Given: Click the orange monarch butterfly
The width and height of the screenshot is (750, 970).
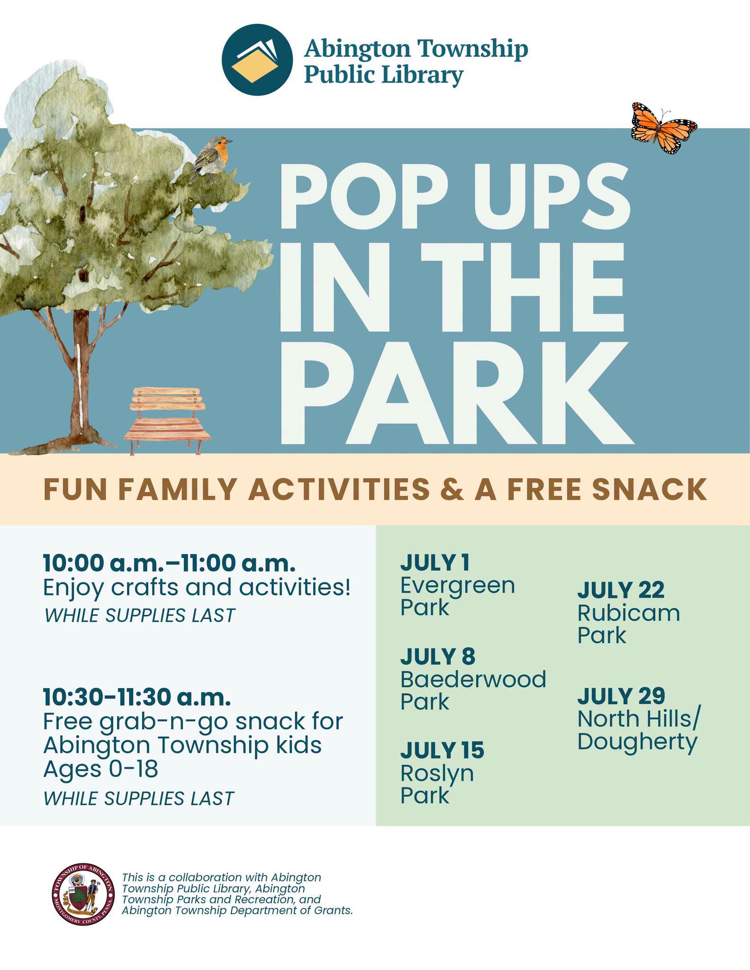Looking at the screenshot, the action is point(664,127).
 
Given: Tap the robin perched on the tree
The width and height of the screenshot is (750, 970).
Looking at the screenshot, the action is point(212,159).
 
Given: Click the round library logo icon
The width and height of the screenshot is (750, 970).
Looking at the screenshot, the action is point(257,60).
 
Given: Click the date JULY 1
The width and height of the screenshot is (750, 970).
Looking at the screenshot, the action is point(434,562).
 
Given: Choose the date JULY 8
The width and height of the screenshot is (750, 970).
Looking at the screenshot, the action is point(437,656).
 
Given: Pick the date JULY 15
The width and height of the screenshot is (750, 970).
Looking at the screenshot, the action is point(442,750).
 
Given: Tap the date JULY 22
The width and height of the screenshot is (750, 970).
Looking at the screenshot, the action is point(621,590).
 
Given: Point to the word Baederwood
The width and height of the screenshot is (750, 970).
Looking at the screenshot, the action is point(473,679).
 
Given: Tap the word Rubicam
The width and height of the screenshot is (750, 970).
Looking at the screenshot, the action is point(629,613).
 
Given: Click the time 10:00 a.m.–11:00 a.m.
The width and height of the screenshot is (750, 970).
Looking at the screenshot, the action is point(169,563).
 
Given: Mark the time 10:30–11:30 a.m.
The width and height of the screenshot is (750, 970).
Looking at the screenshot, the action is point(137,697).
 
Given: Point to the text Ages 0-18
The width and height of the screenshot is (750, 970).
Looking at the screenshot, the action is point(100,768).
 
